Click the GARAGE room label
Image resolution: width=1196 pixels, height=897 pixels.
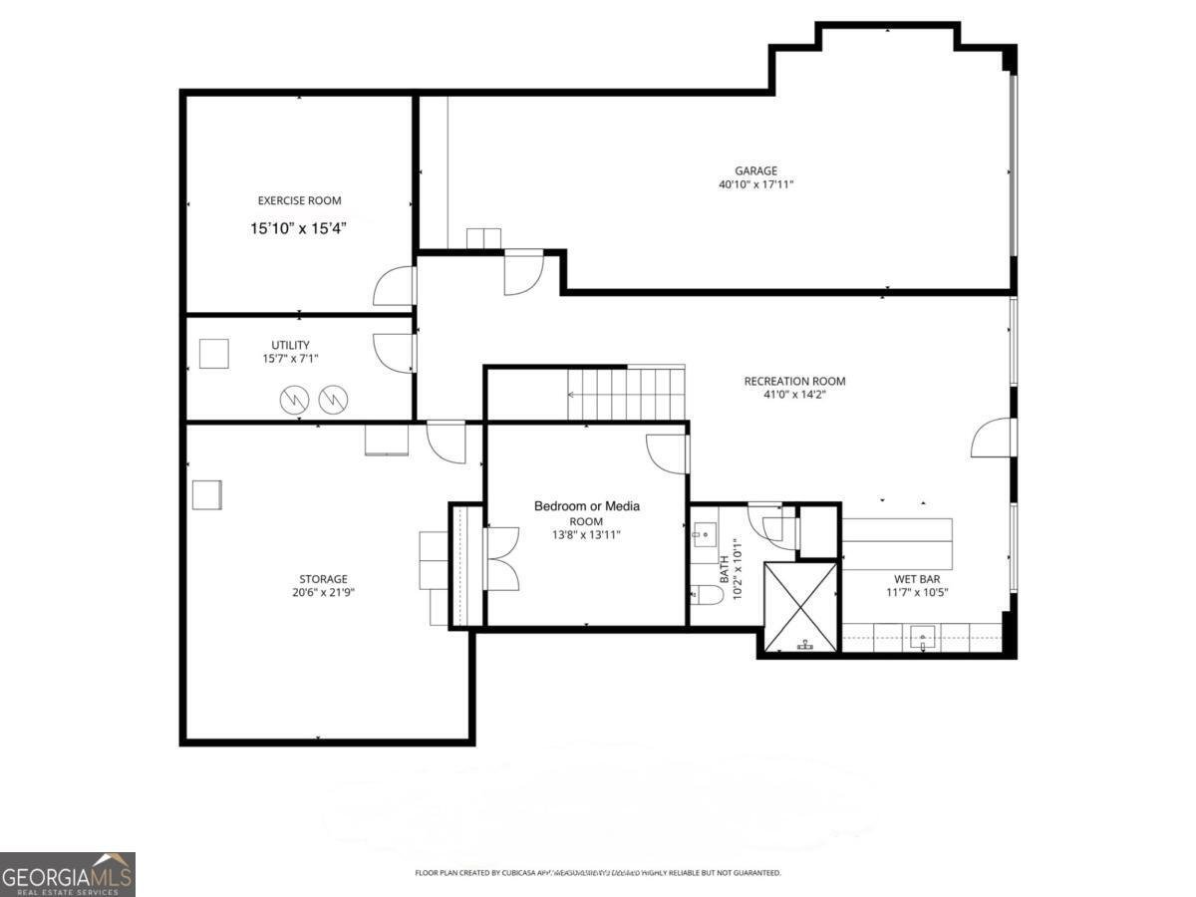click(755, 170)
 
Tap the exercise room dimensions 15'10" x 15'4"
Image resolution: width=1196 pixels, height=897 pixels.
click(299, 228)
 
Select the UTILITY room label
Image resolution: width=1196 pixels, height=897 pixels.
click(290, 345)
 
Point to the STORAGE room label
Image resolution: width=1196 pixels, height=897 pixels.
click(324, 579)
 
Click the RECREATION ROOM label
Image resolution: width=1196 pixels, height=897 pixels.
click(794, 381)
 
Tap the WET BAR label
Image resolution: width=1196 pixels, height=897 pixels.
click(917, 578)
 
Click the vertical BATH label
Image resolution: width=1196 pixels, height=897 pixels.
click(724, 569)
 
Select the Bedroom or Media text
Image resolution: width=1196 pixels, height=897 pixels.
click(586, 506)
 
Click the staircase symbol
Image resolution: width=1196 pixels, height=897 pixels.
click(626, 394)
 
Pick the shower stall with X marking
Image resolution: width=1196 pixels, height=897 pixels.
click(801, 606)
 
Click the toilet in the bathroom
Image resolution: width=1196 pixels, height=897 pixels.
click(707, 595)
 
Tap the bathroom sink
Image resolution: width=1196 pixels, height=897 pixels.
click(706, 535)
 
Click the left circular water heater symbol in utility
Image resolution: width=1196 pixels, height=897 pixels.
click(294, 400)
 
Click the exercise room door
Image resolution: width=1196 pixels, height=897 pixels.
click(395, 287)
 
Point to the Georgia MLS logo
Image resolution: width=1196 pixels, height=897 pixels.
click(67, 874)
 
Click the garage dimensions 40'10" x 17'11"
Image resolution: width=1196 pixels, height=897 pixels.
click(755, 184)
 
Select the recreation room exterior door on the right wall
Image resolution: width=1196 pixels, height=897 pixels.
click(994, 438)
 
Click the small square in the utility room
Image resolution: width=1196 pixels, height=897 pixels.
click(213, 354)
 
